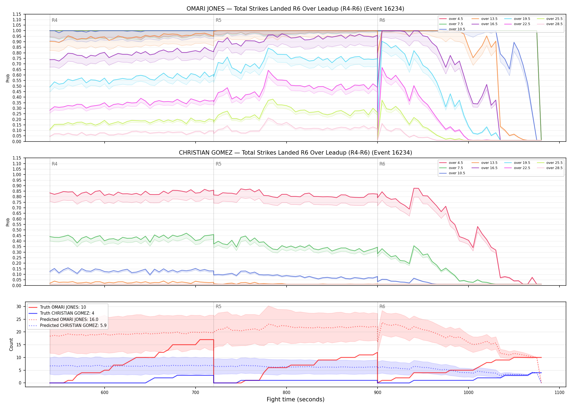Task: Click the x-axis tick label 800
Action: (x=286, y=393)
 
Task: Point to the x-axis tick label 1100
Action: (x=559, y=393)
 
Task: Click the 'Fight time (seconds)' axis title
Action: (x=296, y=399)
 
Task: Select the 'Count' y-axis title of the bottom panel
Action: (x=11, y=344)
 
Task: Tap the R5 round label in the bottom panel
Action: (x=218, y=306)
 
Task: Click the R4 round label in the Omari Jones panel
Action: (x=54, y=20)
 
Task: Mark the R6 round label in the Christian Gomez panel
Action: (x=382, y=164)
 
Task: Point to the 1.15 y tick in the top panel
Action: (x=17, y=14)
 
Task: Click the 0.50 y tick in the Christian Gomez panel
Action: (x=17, y=230)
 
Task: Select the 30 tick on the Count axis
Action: (x=19, y=306)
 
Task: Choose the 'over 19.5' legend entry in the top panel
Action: (x=517, y=19)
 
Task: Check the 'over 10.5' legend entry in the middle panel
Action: (x=452, y=173)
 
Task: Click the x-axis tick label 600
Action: (x=104, y=393)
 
